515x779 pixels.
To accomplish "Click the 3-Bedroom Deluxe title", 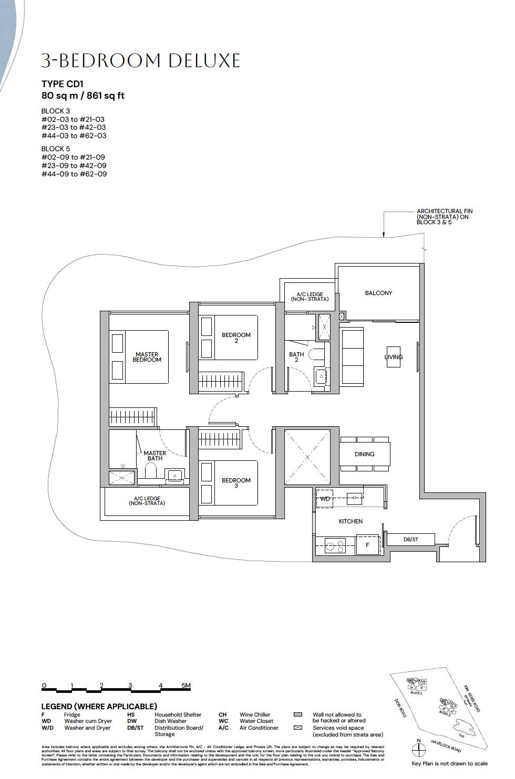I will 140,61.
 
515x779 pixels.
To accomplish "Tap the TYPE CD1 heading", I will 62,84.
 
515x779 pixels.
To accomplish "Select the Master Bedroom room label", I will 147,357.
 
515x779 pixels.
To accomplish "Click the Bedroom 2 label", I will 236,338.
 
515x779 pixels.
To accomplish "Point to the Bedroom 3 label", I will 236,482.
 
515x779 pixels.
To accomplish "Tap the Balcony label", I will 378,293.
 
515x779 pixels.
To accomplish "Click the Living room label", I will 394,357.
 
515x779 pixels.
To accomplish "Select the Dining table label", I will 364,454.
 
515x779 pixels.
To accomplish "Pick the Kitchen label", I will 351,521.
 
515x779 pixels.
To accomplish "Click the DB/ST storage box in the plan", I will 410,539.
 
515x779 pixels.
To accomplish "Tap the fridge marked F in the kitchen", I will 367,545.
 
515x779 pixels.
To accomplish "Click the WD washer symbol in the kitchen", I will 325,499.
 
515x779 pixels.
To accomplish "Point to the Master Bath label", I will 154,456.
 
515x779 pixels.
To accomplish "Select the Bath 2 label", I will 296,357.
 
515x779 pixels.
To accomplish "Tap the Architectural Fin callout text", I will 444,217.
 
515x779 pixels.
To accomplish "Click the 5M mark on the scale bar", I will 186,686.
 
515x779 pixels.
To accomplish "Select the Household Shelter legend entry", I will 178,714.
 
